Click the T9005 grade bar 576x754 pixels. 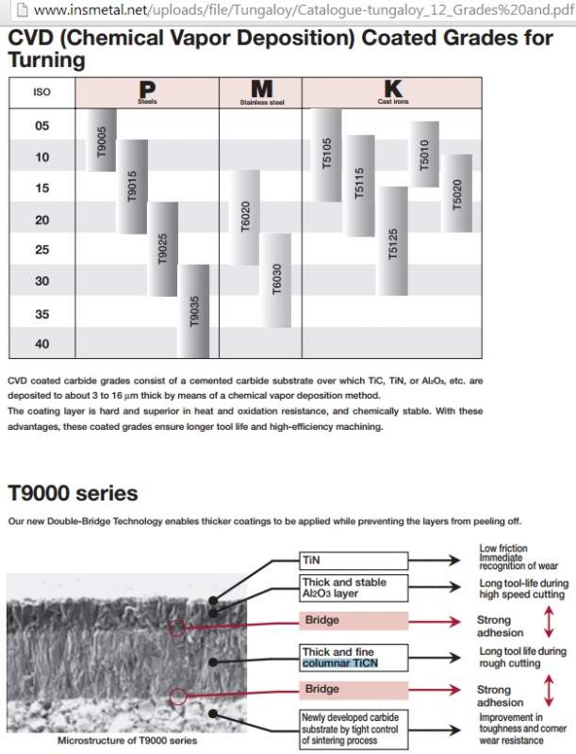(x=101, y=139)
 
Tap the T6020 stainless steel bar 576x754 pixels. (x=245, y=218)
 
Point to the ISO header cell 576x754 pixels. (x=41, y=92)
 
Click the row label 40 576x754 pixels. (x=41, y=344)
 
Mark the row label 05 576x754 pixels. (x=41, y=125)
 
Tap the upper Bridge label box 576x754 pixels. (x=354, y=621)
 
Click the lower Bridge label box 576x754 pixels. (x=354, y=690)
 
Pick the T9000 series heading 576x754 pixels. (x=73, y=493)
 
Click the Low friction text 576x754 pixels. (x=503, y=549)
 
